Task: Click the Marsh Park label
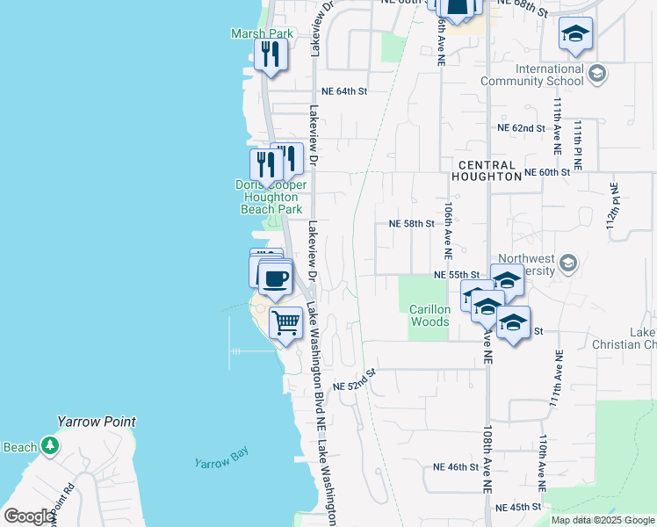[261, 33]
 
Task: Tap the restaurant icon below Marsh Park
[270, 55]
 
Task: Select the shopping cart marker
[286, 323]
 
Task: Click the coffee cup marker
[275, 278]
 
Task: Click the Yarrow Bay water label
[221, 458]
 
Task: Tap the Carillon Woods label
[430, 315]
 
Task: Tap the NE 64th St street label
[343, 90]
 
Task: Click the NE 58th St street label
[412, 223]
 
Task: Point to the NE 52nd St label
[355, 380]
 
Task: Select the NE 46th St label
[457, 467]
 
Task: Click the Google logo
[29, 516]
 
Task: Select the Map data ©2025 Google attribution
[601, 520]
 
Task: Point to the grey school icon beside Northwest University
[567, 262]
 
